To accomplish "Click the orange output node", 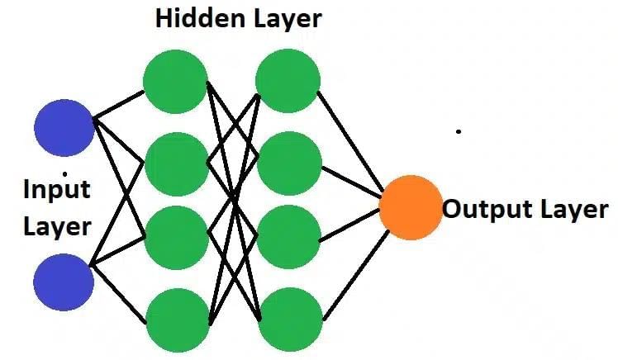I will [411, 207].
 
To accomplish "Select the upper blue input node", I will [64, 126].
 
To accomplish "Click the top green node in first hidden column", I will [176, 81].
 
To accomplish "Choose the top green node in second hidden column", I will [288, 81].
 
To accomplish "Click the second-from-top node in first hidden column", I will [176, 163].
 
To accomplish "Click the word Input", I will [55, 189].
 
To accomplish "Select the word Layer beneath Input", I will [55, 225].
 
